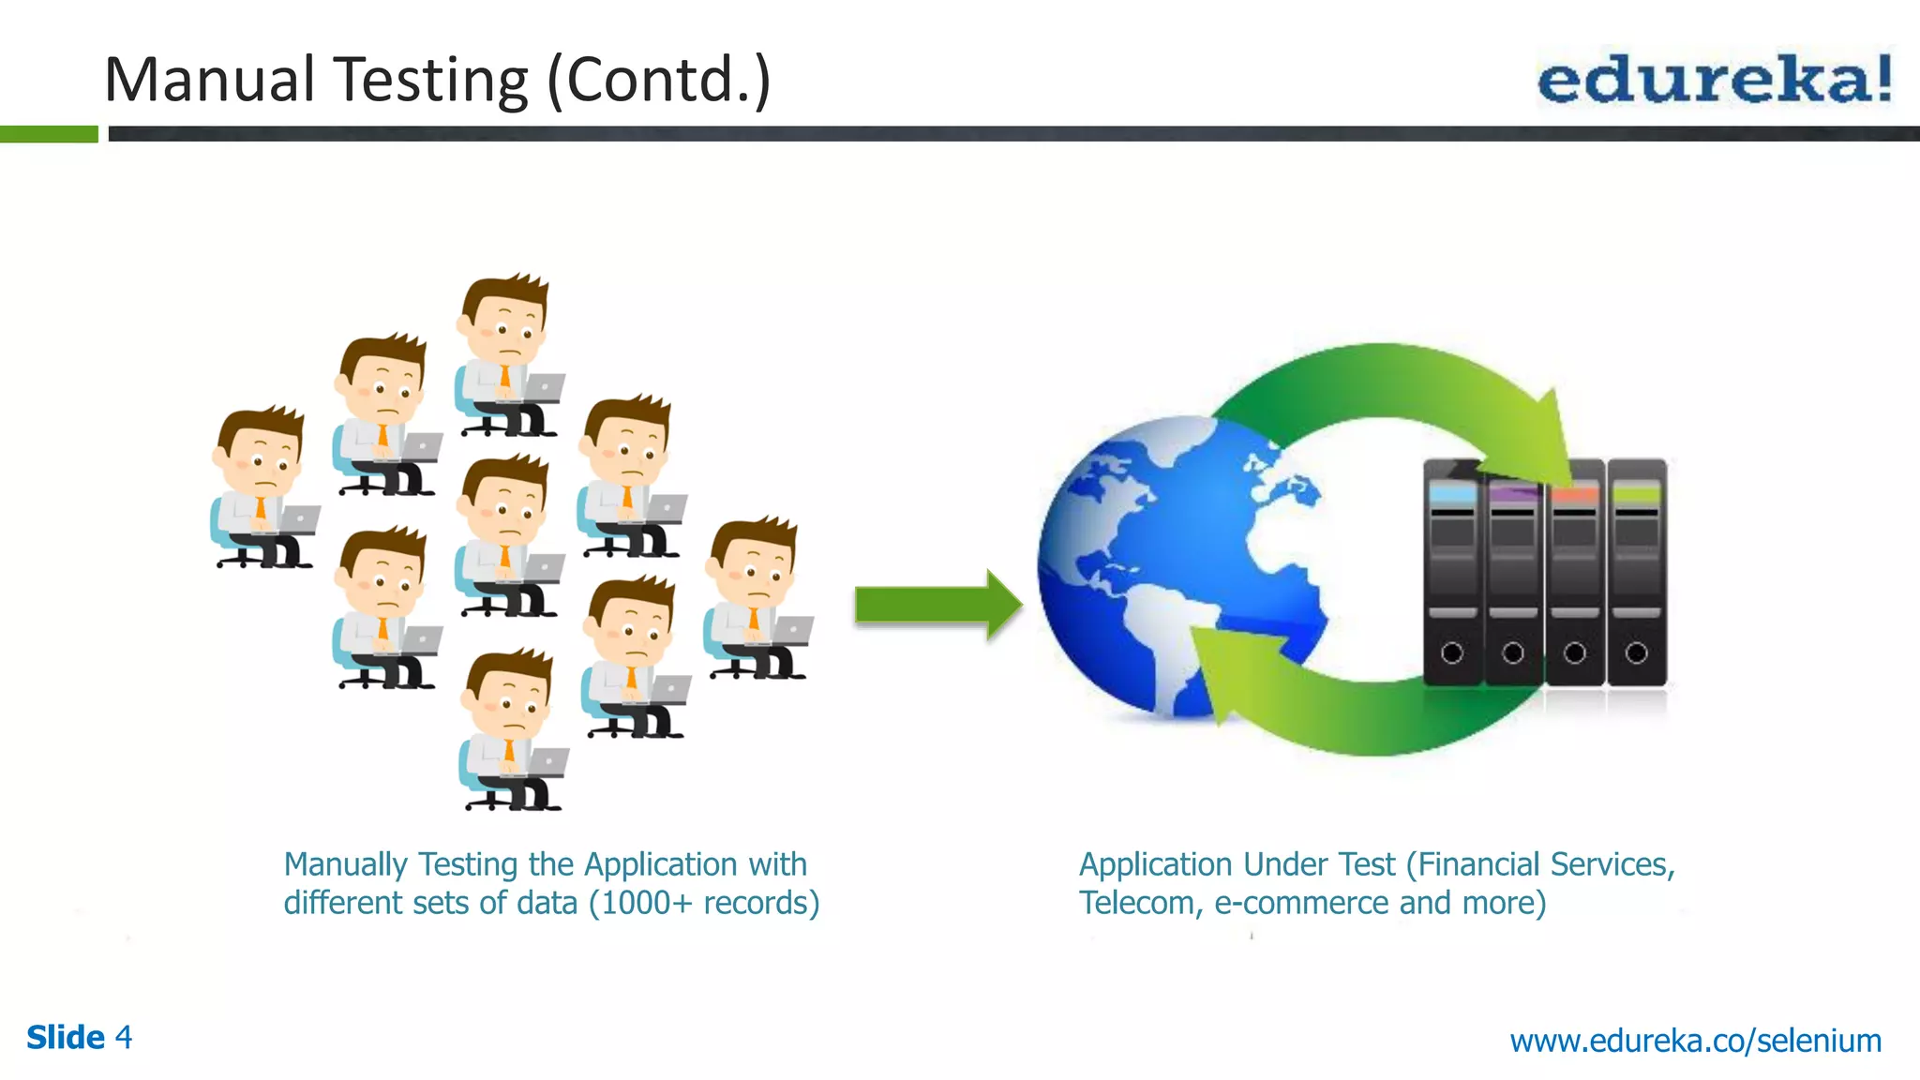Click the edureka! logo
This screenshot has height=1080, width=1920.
pyautogui.click(x=1714, y=80)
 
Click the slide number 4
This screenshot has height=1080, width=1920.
pyautogui.click(x=124, y=1038)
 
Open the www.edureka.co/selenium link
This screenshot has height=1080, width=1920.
pyautogui.click(x=1695, y=1041)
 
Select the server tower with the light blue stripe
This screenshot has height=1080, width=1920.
pyautogui.click(x=1452, y=572)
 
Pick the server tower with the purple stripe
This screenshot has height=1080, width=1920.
pyautogui.click(x=1513, y=572)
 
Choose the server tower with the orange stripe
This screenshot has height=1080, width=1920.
pyautogui.click(x=1575, y=572)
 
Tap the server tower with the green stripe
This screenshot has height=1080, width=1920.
pyautogui.click(x=1637, y=572)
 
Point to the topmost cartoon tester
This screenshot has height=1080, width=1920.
pyautogui.click(x=507, y=356)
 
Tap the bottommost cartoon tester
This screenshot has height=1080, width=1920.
pyautogui.click(x=512, y=731)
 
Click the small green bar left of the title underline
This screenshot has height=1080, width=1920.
pyautogui.click(x=49, y=134)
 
